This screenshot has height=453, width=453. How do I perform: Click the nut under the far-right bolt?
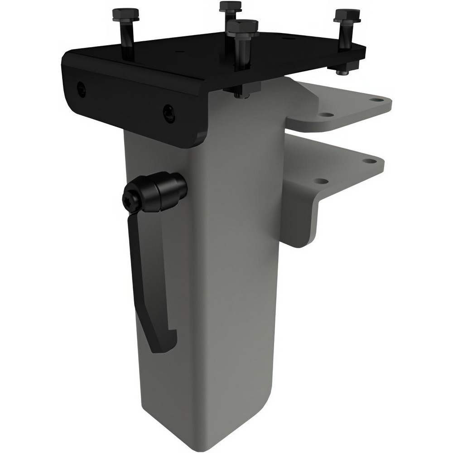[x=340, y=70]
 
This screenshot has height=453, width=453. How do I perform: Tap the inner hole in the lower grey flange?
[x=321, y=181]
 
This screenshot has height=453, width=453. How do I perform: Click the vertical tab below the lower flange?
[x=301, y=222]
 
